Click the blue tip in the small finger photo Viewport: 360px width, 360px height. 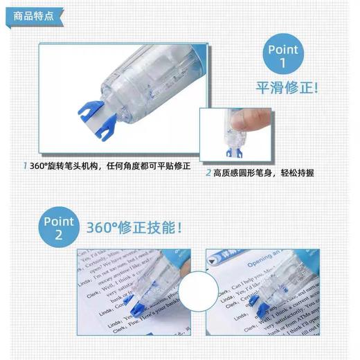[x=233, y=149]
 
